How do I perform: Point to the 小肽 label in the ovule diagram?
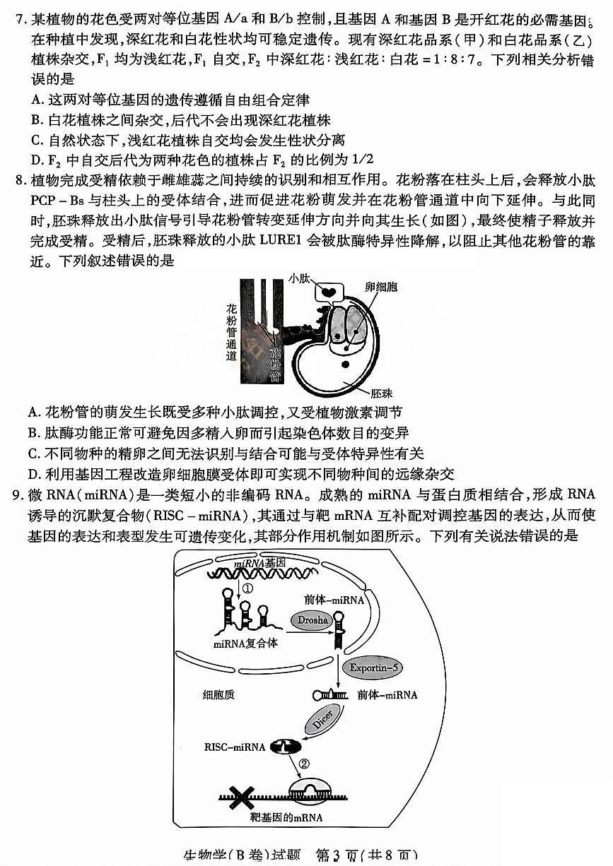pyautogui.click(x=298, y=280)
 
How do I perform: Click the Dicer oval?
pyautogui.click(x=321, y=723)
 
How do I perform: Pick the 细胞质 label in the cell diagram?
pyautogui.click(x=218, y=694)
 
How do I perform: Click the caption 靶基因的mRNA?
pyautogui.click(x=286, y=817)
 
